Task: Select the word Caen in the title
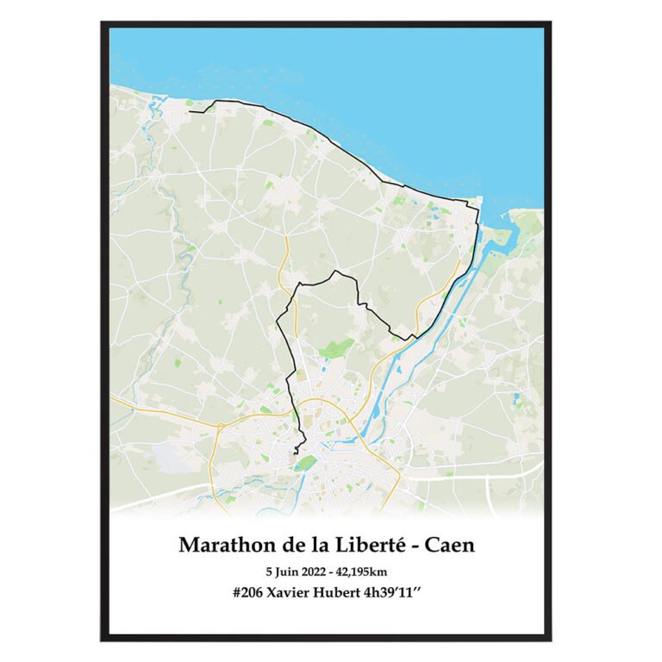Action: tap(452, 545)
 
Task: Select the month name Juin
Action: tap(289, 571)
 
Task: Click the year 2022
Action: tap(320, 571)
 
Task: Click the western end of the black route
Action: tap(190, 111)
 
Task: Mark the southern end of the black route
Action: tap(295, 453)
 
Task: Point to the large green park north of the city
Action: tap(337, 348)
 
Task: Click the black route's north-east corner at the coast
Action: tap(477, 203)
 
